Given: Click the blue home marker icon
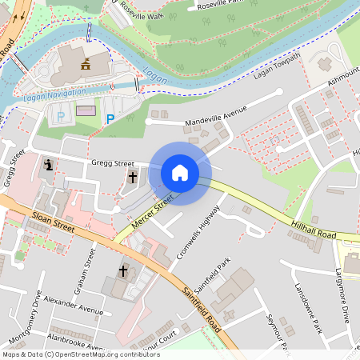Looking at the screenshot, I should tap(180, 172).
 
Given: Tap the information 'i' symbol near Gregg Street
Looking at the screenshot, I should tap(49, 165).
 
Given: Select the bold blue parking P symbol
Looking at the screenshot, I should tap(110, 119).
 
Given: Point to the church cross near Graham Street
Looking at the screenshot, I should tap(123, 272).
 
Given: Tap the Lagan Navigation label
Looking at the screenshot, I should tap(54, 96).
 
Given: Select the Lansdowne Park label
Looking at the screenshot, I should tap(307, 308).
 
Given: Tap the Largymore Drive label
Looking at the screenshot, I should tap(343, 295).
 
